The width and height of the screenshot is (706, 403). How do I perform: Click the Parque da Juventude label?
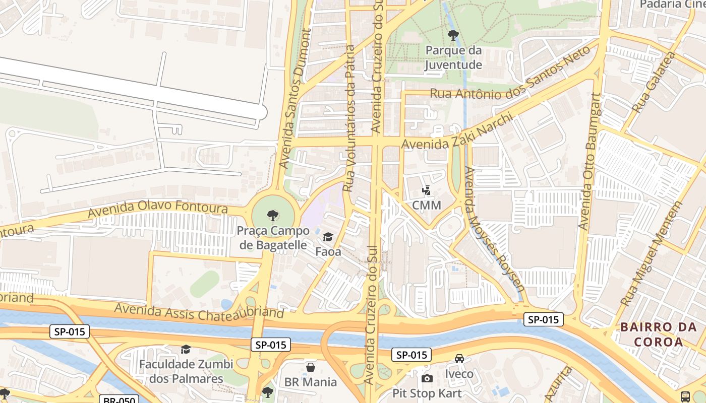(x=453, y=57)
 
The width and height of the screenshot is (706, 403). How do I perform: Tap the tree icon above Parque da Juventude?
(x=453, y=35)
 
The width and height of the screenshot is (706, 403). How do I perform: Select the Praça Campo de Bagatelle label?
(x=273, y=238)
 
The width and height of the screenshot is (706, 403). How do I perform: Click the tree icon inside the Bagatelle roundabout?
(x=273, y=216)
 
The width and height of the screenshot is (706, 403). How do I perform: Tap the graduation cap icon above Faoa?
(x=328, y=237)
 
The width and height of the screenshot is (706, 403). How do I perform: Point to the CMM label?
(x=426, y=205)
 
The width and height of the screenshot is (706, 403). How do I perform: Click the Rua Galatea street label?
(x=653, y=83)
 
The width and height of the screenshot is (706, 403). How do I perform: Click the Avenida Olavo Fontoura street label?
(x=157, y=209)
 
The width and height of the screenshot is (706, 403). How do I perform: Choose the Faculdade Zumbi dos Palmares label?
(x=186, y=371)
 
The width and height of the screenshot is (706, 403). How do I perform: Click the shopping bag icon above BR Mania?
(x=311, y=367)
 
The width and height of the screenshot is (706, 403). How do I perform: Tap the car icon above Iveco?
(x=459, y=359)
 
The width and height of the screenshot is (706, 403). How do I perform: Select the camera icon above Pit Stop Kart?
(x=427, y=378)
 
